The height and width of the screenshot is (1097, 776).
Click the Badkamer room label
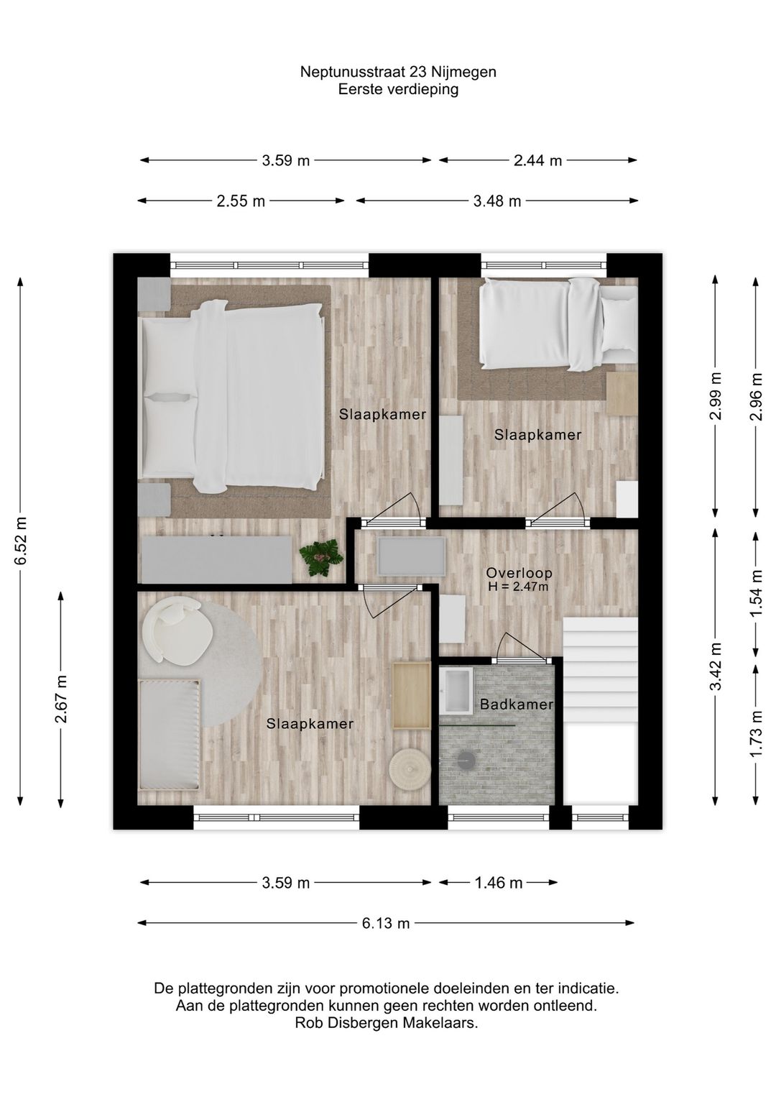[x=517, y=704]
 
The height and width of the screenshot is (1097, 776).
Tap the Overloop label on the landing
[x=519, y=573]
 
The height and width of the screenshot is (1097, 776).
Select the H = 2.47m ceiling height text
[x=518, y=587]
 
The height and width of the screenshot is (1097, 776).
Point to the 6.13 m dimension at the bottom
[x=386, y=923]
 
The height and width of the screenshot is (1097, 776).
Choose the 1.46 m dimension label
[x=499, y=883]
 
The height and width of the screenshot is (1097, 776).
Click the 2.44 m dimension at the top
[x=537, y=161]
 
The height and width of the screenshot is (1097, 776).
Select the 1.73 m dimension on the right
[x=756, y=733]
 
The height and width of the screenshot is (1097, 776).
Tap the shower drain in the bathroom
[x=467, y=756]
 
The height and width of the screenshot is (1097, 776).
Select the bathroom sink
[x=456, y=689]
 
